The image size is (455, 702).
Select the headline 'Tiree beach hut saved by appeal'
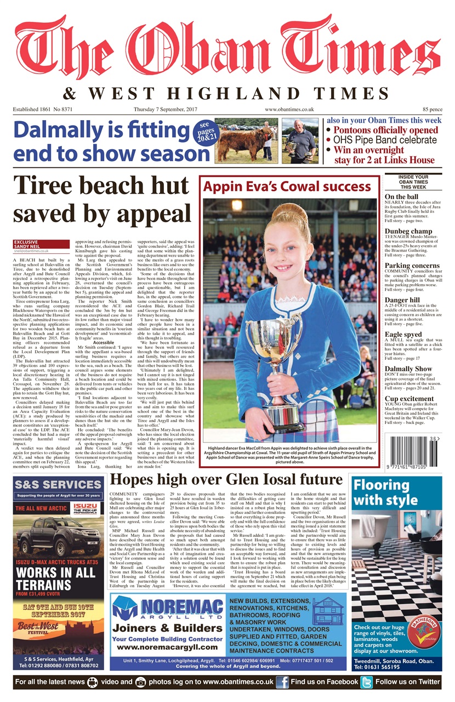coord(102,199)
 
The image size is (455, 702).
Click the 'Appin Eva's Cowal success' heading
coord(288,186)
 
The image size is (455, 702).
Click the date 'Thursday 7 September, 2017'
coord(165,110)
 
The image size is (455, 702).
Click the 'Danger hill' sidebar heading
coord(402,301)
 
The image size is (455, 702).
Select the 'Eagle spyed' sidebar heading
coord(403,334)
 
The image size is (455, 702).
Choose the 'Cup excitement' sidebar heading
coord(408,399)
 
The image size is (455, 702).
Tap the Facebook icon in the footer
coord(282,682)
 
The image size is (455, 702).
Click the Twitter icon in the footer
coord(366,682)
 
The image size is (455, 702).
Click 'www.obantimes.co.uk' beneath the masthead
coord(289,110)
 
